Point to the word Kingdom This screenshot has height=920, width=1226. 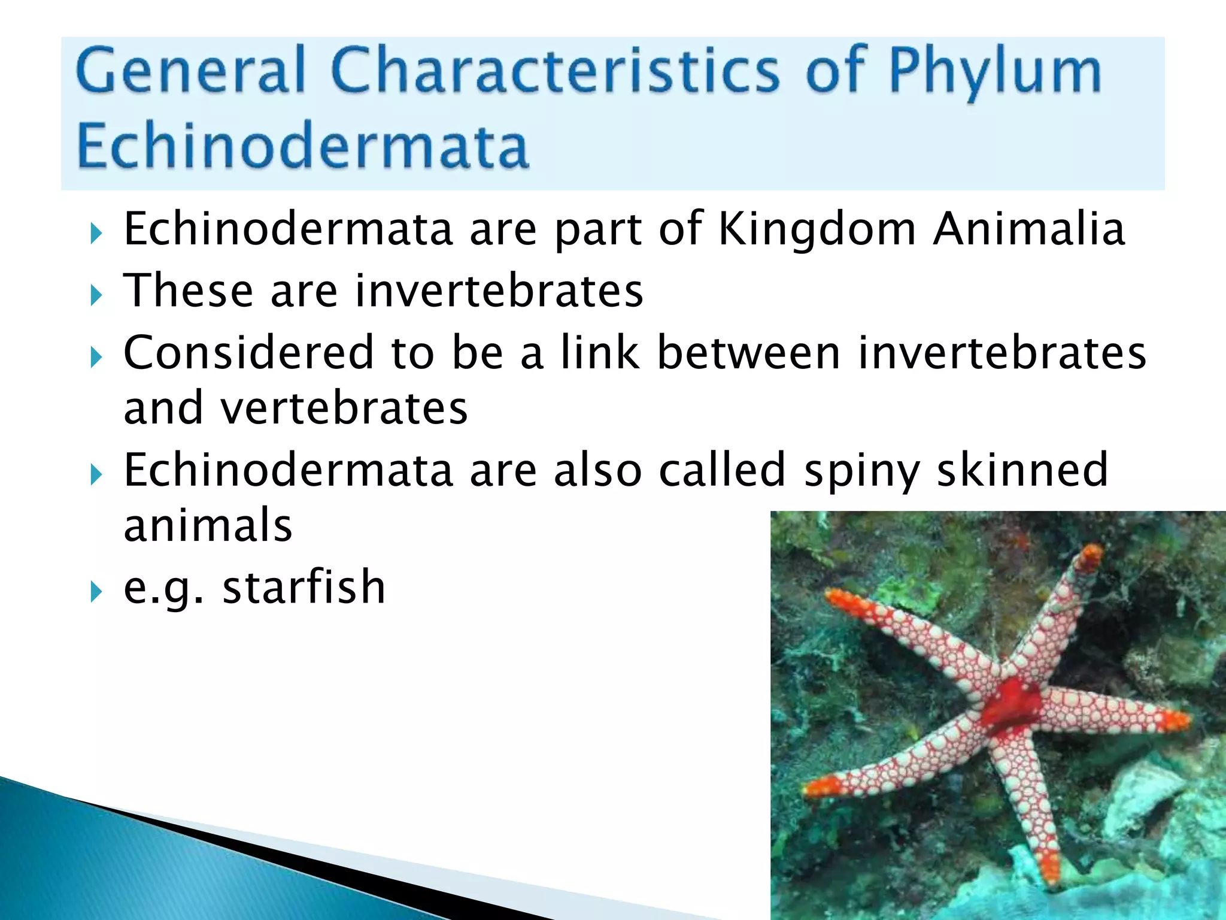tap(817, 231)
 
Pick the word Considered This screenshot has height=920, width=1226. tap(248, 353)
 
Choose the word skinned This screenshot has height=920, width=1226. tap(1022, 470)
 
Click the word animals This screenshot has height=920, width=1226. tap(208, 525)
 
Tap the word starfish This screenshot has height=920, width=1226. tap(304, 587)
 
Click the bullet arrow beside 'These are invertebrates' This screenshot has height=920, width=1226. tap(96, 294)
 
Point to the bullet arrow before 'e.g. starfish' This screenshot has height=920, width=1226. tap(96, 592)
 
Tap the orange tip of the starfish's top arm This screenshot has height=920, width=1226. tap(1091, 556)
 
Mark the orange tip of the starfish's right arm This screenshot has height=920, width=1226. tap(1175, 721)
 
